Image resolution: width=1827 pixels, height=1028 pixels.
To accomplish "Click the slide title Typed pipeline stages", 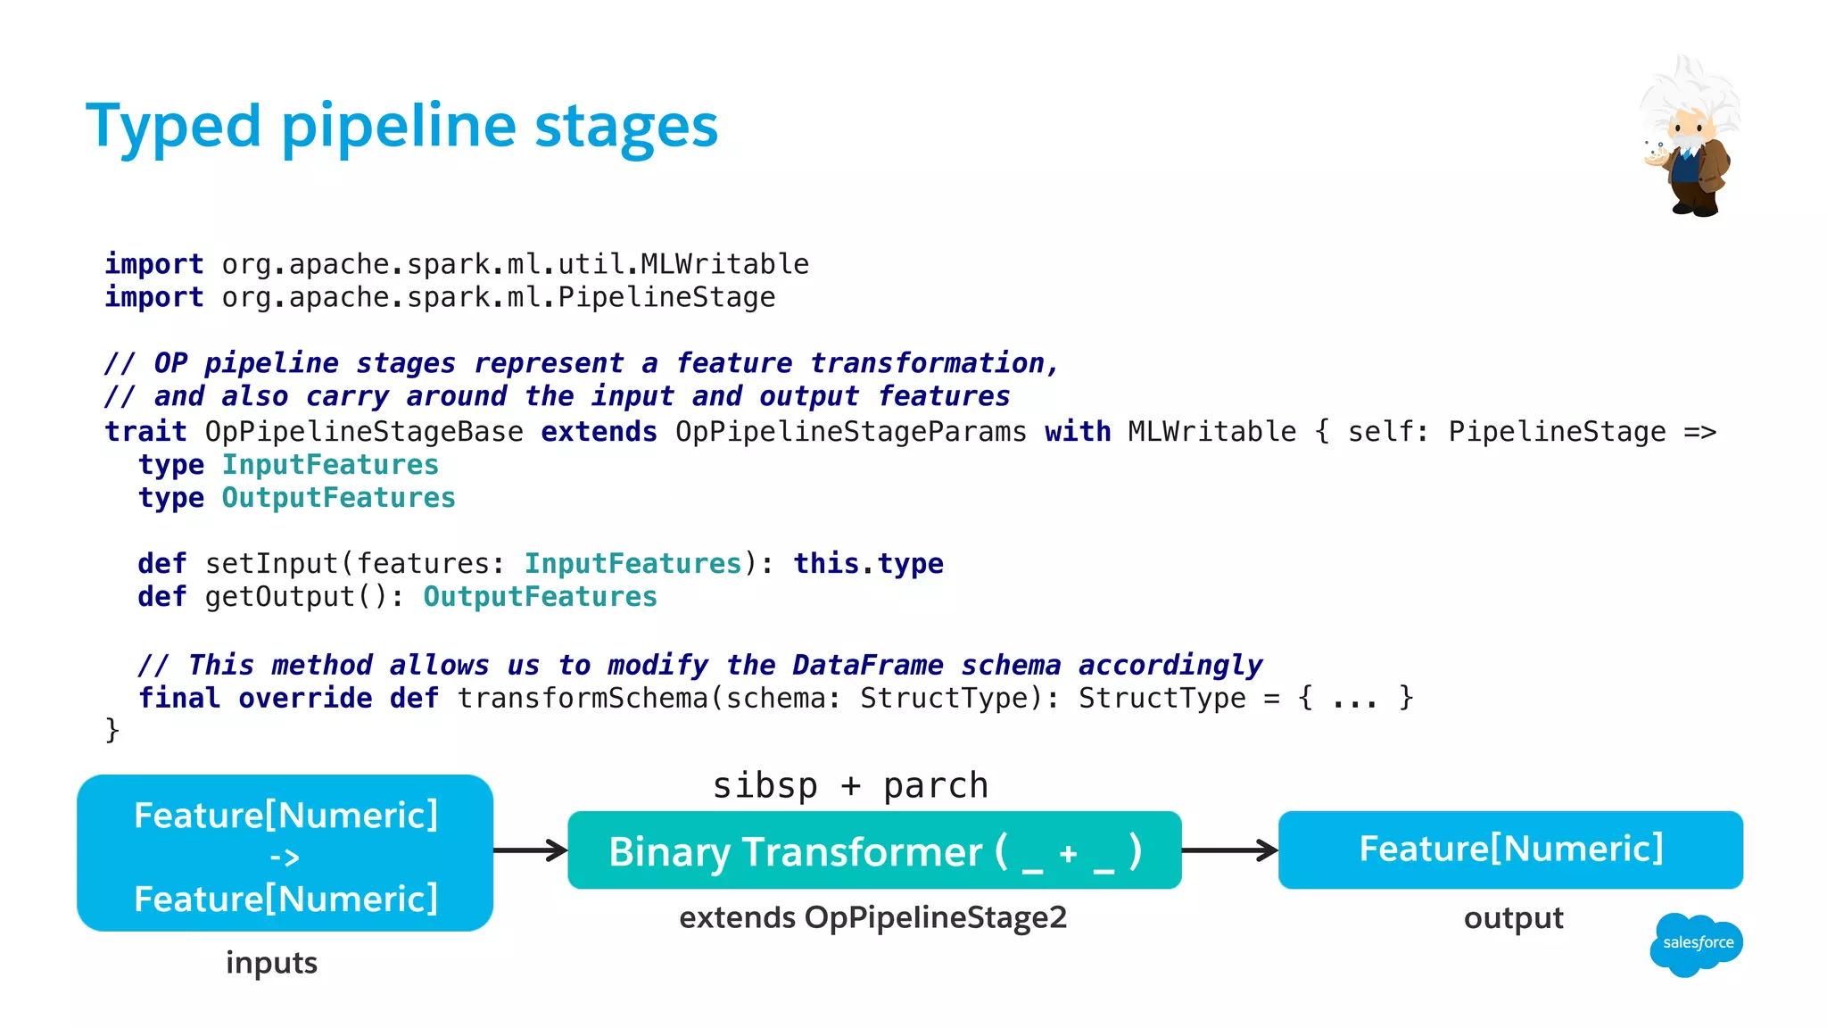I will click(x=401, y=126).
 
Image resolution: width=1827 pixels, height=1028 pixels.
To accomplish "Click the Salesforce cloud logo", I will click(x=1696, y=944).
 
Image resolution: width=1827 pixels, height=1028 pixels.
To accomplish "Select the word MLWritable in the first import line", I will click(x=724, y=264).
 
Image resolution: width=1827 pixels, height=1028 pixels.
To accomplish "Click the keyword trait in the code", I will click(x=145, y=432).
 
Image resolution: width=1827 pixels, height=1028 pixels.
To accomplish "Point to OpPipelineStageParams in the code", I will click(x=850, y=432).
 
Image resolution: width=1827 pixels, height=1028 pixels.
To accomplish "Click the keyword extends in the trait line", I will click(x=599, y=432).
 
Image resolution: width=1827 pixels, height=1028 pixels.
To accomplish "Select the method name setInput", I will click(x=271, y=564).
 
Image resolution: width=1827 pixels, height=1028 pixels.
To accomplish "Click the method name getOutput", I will click(x=280, y=597).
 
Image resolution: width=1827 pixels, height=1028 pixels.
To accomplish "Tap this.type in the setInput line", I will click(x=868, y=564).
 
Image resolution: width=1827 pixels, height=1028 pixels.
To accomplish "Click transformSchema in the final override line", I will click(x=583, y=698).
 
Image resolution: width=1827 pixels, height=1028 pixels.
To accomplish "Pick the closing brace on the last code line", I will click(x=112, y=730).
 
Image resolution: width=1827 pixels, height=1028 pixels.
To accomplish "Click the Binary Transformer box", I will click(x=874, y=850).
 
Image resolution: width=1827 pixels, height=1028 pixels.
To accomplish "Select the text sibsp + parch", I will click(x=850, y=786).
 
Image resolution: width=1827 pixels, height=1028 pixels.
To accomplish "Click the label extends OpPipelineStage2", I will click(x=872, y=918).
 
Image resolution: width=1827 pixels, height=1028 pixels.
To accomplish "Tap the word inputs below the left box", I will click(x=271, y=963).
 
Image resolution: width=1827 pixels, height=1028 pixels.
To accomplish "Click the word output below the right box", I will click(x=1513, y=918).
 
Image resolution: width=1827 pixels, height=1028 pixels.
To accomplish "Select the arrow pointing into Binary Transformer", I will click(x=530, y=850).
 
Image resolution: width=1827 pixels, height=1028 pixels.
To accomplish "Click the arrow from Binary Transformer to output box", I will click(x=1229, y=850).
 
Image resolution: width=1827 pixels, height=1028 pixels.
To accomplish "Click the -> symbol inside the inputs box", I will click(x=285, y=858).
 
